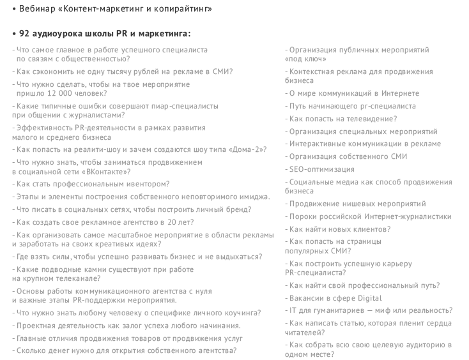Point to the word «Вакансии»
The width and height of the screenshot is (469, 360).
tap(308, 298)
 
